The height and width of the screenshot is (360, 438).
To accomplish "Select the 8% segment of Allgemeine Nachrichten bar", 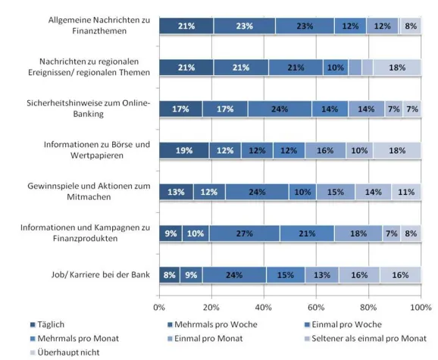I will coord(410,27).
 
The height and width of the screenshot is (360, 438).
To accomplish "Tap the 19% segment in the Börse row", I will coord(184,150).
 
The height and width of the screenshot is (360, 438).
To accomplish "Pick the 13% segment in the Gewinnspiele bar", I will coord(176,192).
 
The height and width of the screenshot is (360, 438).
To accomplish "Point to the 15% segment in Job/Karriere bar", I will coord(286,274).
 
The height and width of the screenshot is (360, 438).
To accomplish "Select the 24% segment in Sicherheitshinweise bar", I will coord(279,109).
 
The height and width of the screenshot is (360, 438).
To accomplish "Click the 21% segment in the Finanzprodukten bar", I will coord(306,233).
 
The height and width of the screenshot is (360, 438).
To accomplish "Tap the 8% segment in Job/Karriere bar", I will coord(169,274).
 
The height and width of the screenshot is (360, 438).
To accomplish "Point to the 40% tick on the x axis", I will coord(264,308).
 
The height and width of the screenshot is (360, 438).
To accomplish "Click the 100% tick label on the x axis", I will coord(420,308).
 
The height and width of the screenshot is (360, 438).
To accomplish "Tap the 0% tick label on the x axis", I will coord(159,308).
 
